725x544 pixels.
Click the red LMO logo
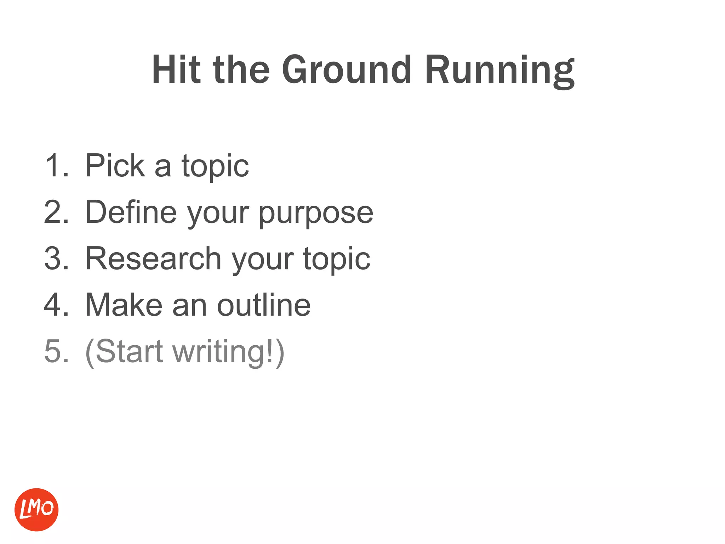[36, 509]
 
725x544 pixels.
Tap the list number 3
[56, 258]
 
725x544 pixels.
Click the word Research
[153, 258]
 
